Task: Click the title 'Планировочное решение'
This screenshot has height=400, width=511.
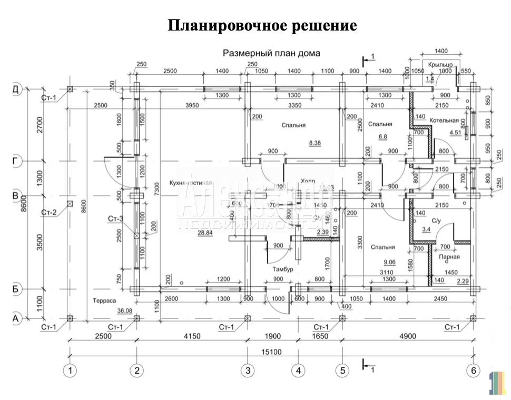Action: tap(262, 25)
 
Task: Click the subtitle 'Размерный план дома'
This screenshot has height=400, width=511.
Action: tap(271, 53)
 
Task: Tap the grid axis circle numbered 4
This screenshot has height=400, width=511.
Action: tap(298, 371)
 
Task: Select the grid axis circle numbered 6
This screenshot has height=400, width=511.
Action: tap(473, 371)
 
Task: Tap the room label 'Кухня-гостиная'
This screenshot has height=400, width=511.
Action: tap(191, 183)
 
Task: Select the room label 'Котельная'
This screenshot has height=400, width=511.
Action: tap(444, 121)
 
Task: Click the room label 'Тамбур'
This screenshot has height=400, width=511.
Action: tap(283, 269)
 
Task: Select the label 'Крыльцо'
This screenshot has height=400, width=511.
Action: tap(440, 64)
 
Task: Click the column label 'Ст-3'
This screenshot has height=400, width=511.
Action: tap(115, 218)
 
